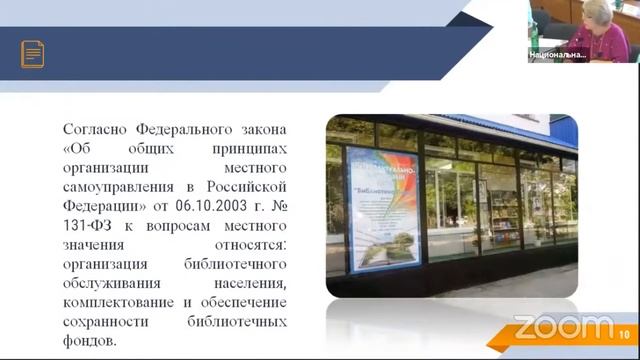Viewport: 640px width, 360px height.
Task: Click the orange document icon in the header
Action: point(33,54)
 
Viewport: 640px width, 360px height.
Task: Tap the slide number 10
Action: point(624,334)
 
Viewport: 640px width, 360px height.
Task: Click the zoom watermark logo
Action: point(562,326)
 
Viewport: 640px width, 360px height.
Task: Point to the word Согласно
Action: point(96,130)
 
